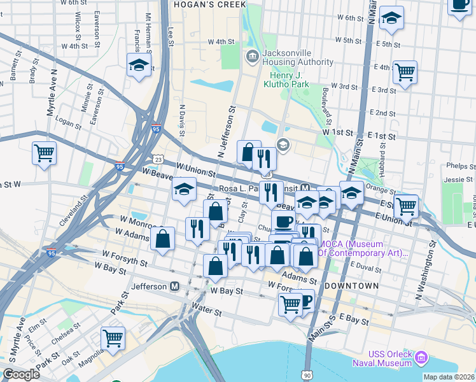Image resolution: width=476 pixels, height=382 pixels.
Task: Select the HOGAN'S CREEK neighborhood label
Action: click(209, 5)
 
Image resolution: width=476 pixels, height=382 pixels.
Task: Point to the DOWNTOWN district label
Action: click(351, 286)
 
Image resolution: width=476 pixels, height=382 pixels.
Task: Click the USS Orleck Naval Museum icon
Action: click(420, 358)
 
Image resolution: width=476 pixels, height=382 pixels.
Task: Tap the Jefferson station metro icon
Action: click(174, 287)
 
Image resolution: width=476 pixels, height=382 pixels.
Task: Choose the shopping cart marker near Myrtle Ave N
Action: click(44, 152)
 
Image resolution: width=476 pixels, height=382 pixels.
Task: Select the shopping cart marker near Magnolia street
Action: click(113, 338)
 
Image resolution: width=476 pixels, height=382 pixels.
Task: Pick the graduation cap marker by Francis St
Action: click(139, 65)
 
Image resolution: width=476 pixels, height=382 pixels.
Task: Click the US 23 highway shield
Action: click(158, 159)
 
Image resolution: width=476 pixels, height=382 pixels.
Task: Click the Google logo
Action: click(21, 374)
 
